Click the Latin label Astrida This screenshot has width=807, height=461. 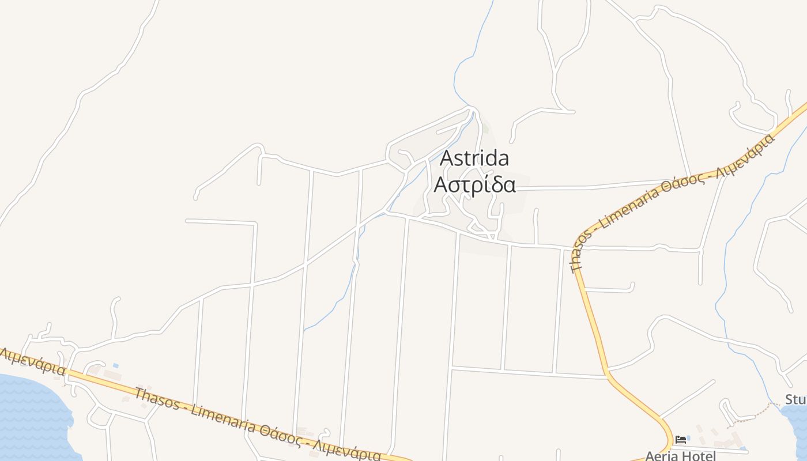click(x=474, y=158)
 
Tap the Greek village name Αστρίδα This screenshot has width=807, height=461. click(x=474, y=185)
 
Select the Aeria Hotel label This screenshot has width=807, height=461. click(x=680, y=456)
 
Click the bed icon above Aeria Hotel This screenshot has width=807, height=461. click(x=680, y=440)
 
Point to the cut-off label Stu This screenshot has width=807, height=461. click(x=795, y=399)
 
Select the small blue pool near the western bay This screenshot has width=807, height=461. click(x=116, y=366)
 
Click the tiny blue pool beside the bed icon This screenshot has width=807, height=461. click(x=688, y=439)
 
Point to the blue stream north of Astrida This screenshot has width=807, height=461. click(x=461, y=69)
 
